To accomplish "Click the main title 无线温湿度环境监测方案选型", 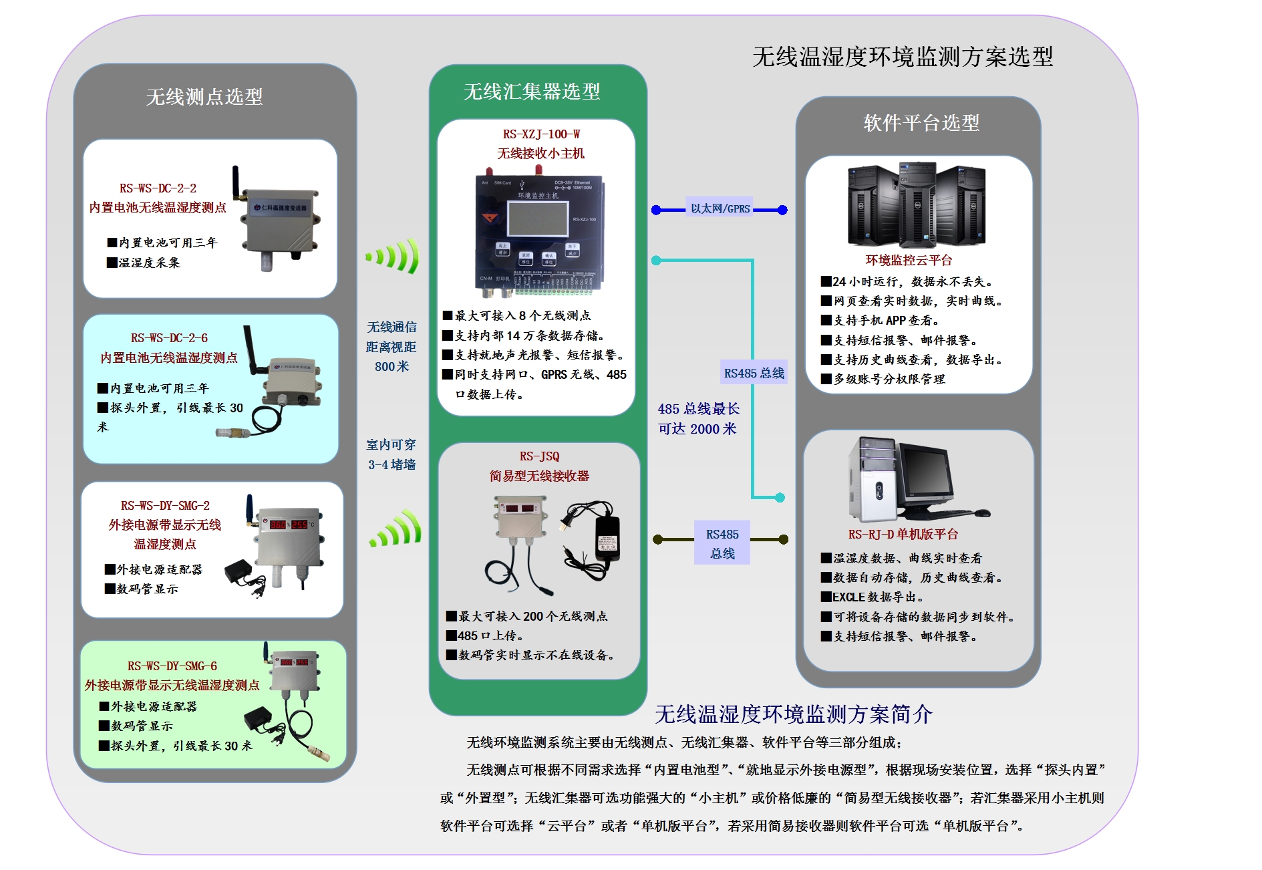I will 902,57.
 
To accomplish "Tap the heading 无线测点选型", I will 204,97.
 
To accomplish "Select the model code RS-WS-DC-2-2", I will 158,188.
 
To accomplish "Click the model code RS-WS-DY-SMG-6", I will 172,666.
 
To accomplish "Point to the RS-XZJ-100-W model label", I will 541,134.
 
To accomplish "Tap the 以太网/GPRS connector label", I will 720,208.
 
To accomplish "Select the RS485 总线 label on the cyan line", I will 754,373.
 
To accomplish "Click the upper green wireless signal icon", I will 394,257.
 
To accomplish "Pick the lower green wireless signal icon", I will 397,531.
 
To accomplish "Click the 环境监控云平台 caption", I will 909,261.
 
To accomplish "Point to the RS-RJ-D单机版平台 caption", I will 903,535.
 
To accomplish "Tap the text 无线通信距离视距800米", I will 391,347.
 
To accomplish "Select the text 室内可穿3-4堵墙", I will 391,454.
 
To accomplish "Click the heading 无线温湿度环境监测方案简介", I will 793,714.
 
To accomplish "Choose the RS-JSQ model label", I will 539,456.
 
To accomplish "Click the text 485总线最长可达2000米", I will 698,419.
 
